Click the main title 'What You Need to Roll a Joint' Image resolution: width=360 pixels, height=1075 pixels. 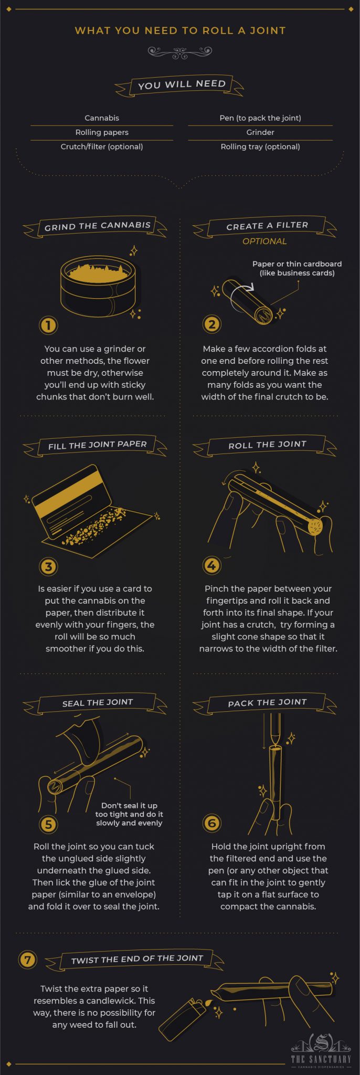pyautogui.click(x=180, y=30)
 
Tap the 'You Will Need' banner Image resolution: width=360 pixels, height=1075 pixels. pyautogui.click(x=181, y=85)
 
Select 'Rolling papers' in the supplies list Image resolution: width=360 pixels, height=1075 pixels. pyautogui.click(x=102, y=132)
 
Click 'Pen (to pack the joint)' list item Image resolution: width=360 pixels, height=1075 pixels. pyautogui.click(x=260, y=118)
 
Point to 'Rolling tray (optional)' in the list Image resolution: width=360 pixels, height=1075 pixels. pyautogui.click(x=260, y=147)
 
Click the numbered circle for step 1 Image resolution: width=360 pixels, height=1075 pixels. pyautogui.click(x=48, y=325)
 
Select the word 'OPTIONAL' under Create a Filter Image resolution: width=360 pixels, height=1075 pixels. pyautogui.click(x=264, y=241)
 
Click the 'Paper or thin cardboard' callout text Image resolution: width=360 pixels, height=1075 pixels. pyautogui.click(x=297, y=268)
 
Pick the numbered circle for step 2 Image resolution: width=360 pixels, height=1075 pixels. pyautogui.click(x=211, y=324)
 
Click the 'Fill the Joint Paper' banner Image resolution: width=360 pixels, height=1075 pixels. pyautogui.click(x=97, y=445)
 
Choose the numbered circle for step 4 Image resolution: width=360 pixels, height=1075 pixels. pyautogui.click(x=211, y=565)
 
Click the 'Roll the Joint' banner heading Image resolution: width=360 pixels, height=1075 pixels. pyautogui.click(x=267, y=445)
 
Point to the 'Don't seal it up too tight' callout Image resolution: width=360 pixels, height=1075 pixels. pyautogui.click(x=129, y=814)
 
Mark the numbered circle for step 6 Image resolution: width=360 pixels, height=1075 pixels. pyautogui.click(x=211, y=823)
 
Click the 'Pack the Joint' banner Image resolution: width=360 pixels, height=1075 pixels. pyautogui.click(x=267, y=703)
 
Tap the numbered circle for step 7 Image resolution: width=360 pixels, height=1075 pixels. pyautogui.click(x=27, y=960)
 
